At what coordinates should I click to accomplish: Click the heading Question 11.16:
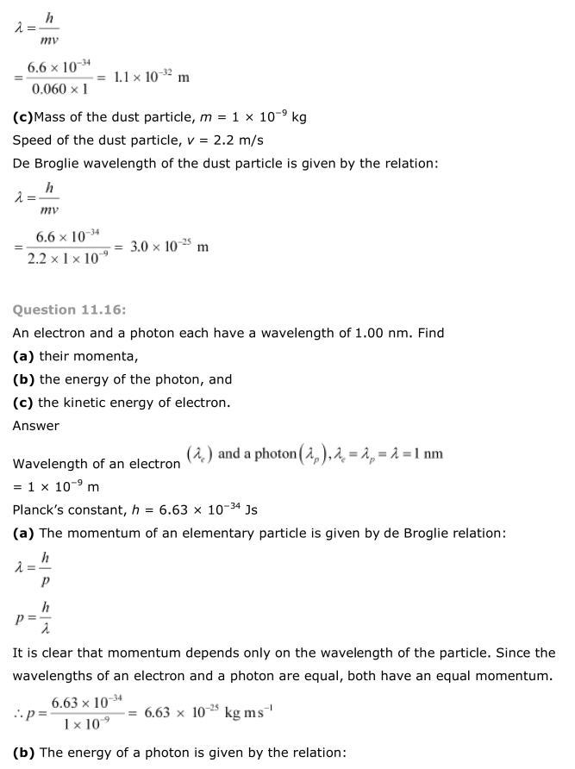click(70, 310)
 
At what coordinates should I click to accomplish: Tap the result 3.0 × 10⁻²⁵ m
click(169, 247)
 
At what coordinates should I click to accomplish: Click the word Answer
click(36, 425)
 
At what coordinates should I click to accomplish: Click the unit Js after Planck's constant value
click(251, 510)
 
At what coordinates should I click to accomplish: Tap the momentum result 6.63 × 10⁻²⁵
click(180, 712)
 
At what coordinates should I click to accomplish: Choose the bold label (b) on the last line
click(23, 753)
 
